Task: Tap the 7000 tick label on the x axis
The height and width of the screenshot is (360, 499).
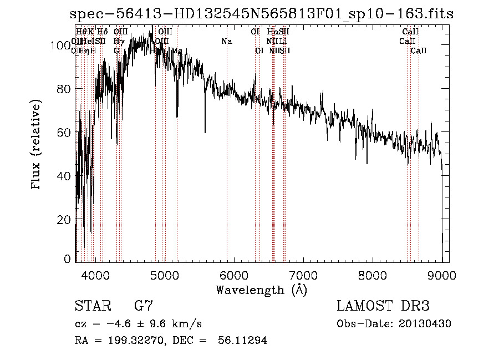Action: coord(303,275)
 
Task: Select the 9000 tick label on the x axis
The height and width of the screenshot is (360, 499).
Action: coord(442,275)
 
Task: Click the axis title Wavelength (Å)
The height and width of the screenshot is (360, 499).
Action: coord(261,290)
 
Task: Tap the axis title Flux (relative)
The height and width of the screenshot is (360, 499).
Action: coord(37,145)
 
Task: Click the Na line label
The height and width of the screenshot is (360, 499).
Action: coord(226,41)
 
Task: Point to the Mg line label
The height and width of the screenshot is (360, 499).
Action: coord(177,51)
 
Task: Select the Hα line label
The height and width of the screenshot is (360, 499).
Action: coord(272,32)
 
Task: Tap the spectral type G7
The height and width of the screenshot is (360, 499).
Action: coord(144,306)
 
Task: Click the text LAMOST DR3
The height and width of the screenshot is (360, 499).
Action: coord(383,306)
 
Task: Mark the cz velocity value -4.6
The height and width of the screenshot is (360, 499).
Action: coord(114,324)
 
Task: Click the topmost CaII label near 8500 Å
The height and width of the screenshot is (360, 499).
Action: coord(410,32)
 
